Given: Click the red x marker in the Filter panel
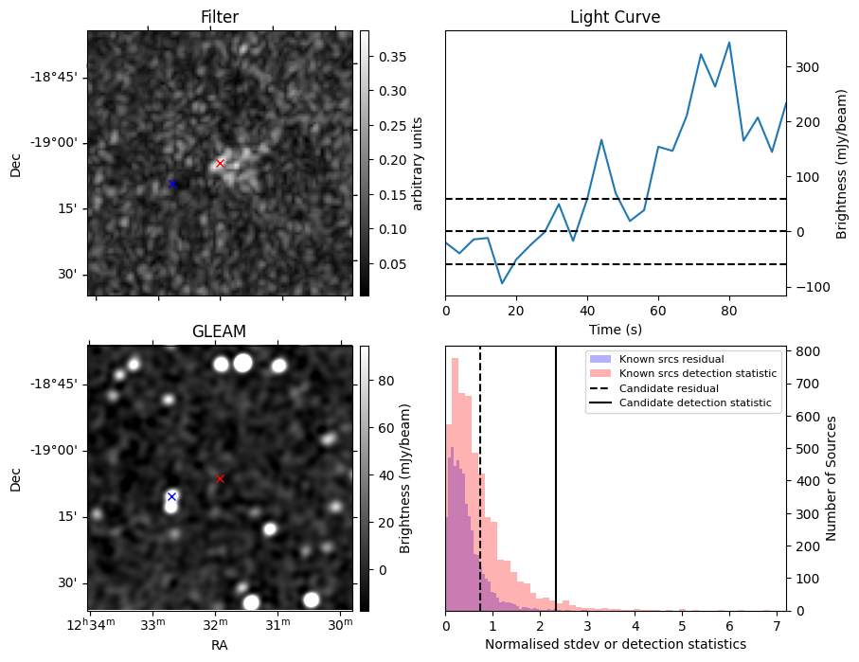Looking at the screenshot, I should click(220, 163).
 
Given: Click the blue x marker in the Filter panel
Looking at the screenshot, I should click(172, 184).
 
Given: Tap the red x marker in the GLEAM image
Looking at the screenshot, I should click(220, 478).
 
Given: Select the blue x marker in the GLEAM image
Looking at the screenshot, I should click(171, 496).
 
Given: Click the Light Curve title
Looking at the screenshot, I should click(615, 17).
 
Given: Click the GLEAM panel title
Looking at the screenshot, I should click(219, 331).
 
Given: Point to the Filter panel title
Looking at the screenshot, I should click(219, 17).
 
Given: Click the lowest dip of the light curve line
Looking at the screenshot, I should click(502, 283).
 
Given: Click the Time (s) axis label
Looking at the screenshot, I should click(615, 329).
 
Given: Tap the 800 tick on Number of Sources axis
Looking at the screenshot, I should click(804, 351).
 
